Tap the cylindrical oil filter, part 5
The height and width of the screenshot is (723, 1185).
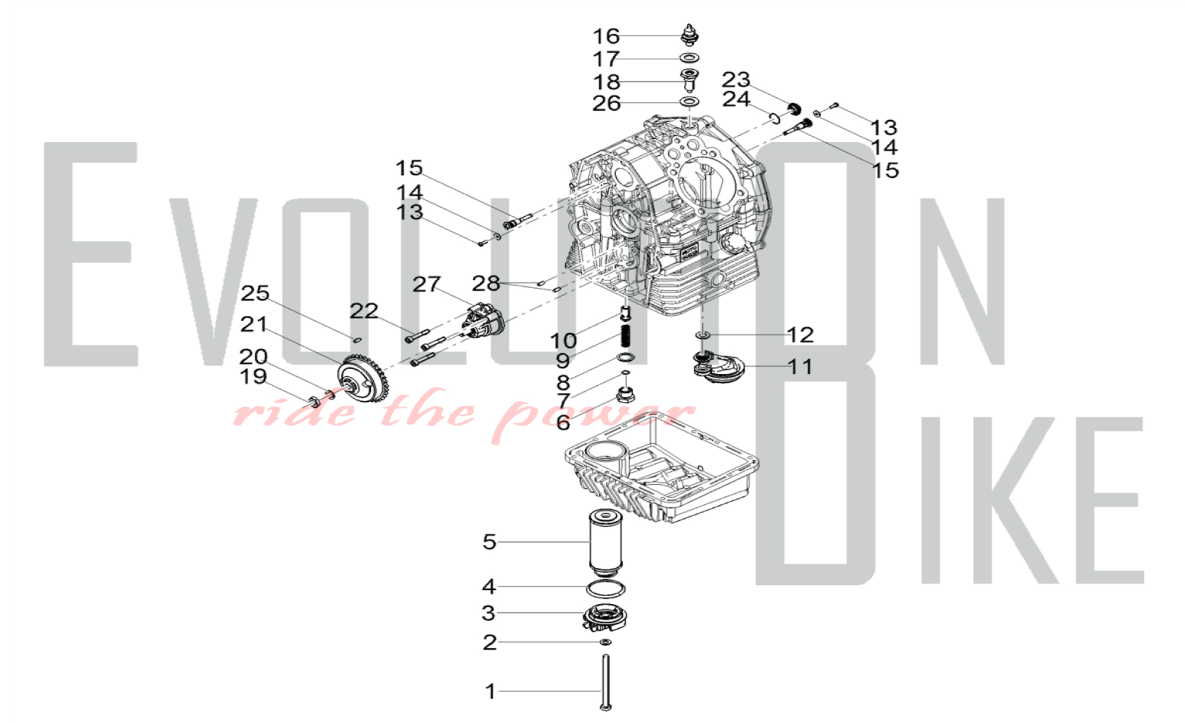point(605,542)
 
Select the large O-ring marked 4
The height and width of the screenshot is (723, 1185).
point(606,589)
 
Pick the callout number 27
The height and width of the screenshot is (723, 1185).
point(427,284)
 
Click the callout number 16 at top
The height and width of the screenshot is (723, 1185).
point(606,36)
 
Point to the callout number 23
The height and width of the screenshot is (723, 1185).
point(736,79)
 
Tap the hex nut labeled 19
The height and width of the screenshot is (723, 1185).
point(315,401)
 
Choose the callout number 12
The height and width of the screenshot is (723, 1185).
point(800,335)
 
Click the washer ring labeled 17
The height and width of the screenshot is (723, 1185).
point(689,57)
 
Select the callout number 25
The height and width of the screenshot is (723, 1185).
point(255,293)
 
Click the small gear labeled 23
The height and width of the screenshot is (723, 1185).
point(795,109)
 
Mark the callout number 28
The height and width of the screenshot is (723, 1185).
point(486,283)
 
